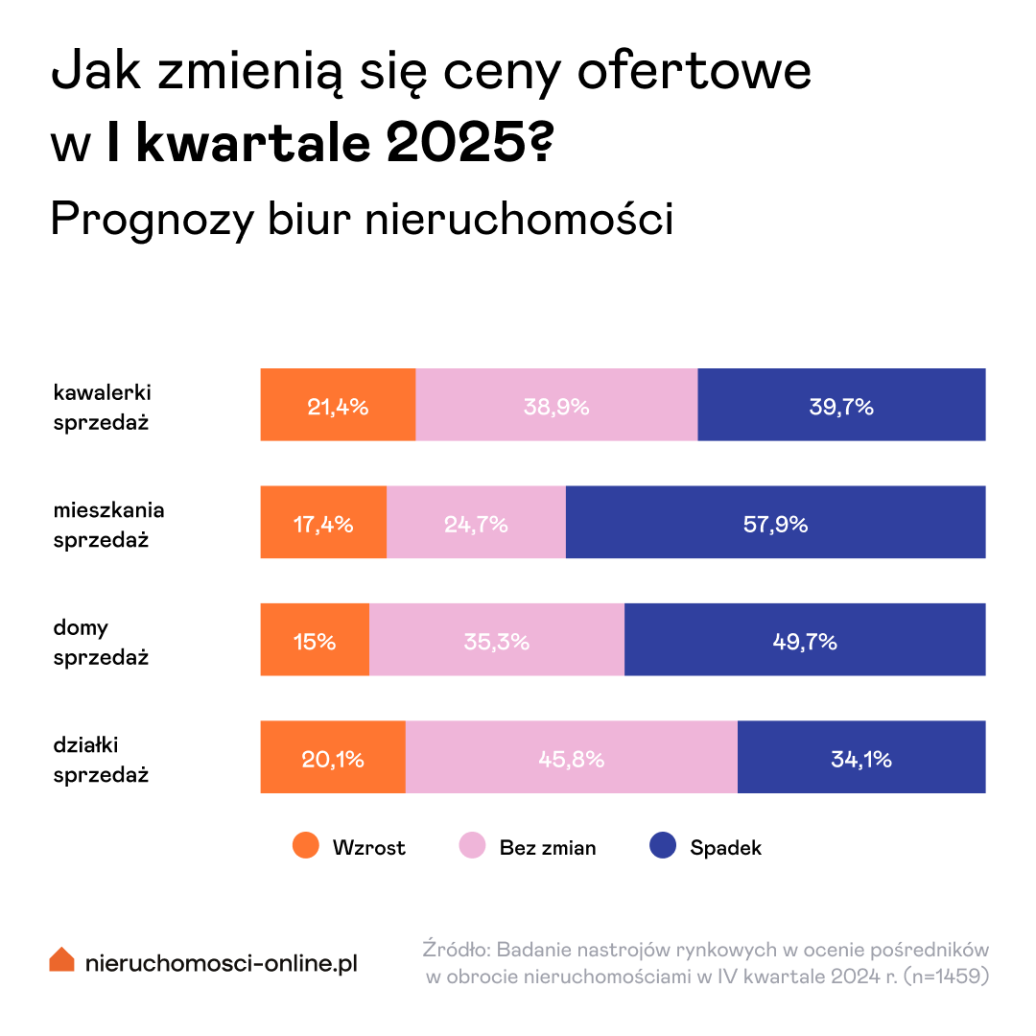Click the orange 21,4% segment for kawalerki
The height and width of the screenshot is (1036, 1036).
coord(338,405)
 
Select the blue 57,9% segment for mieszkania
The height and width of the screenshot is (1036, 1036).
coord(775,523)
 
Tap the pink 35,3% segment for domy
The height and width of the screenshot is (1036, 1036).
coord(496,641)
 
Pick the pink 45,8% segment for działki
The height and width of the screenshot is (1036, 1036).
coord(571,759)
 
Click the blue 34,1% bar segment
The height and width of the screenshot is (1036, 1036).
coord(860,759)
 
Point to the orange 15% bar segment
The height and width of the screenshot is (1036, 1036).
coord(315,641)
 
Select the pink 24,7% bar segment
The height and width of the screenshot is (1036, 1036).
coord(476,523)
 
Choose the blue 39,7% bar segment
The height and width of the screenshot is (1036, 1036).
coord(841,405)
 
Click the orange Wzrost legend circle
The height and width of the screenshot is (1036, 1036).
coord(306,847)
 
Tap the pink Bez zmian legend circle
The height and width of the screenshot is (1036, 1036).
coord(472,847)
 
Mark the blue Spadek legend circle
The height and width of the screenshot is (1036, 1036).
coord(663,847)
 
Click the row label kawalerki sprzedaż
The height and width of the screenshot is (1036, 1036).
coord(102,407)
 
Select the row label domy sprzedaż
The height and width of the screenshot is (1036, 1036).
coord(102,643)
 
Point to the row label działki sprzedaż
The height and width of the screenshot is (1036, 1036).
coord(102,760)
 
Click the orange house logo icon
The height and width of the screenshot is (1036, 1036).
coord(61,959)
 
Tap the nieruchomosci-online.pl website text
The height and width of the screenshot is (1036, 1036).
coord(221,962)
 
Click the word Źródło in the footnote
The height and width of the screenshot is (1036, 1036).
coord(457,950)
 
